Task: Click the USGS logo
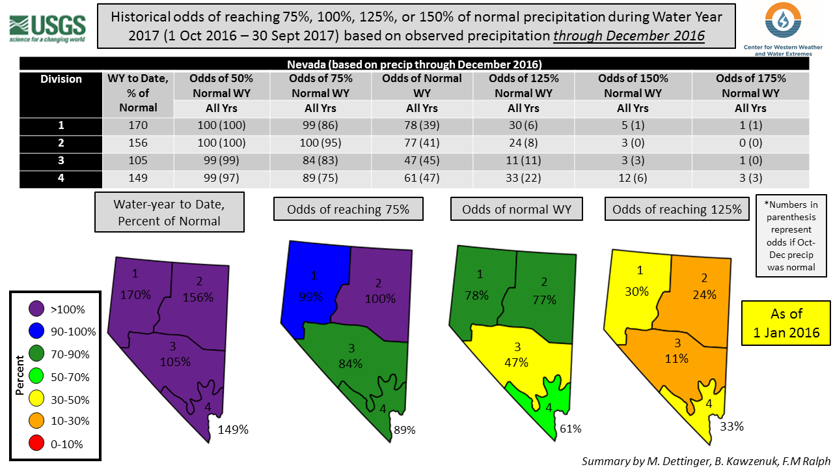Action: tap(47, 27)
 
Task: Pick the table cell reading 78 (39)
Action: tap(422, 126)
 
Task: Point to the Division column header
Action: tap(61, 79)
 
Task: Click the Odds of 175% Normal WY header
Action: tap(750, 85)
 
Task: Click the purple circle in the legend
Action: tap(37, 309)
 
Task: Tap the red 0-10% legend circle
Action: tap(37, 445)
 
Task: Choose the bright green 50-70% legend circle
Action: tap(37, 377)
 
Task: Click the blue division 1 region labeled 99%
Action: tap(312, 287)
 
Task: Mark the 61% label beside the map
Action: tap(570, 429)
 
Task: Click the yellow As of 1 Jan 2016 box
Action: tap(787, 324)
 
